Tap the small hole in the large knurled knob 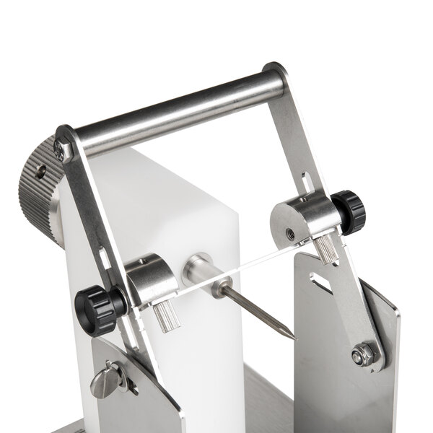tap(41, 172)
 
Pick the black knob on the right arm tap(349, 211)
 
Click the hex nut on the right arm tap(363, 354)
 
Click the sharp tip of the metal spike tap(295, 338)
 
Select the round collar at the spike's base tap(201, 269)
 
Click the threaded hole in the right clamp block tap(290, 233)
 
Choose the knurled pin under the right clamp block tap(327, 249)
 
